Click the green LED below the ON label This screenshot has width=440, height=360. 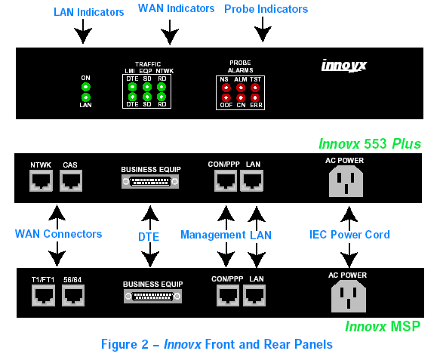point(86,87)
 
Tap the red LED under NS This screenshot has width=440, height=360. point(226,88)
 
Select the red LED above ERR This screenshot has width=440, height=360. point(255,97)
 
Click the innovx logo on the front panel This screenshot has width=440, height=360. point(343,66)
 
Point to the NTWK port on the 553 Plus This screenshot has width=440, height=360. point(41,180)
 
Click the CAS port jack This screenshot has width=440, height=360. point(71,180)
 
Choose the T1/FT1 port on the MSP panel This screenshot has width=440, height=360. point(43,295)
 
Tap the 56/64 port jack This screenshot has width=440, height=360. point(73,295)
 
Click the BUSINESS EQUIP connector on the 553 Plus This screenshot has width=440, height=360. point(150,182)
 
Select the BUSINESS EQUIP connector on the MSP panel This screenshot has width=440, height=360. point(153,297)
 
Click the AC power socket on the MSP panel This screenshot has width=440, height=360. point(349,297)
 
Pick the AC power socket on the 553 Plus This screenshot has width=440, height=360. point(346,181)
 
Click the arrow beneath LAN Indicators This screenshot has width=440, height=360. point(83,32)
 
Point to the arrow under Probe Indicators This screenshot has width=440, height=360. point(263,29)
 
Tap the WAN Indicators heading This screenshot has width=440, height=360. point(176,8)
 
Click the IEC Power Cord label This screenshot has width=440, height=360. point(349,235)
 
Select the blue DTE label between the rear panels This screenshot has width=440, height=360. point(149,237)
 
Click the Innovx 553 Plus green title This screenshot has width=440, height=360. point(370,143)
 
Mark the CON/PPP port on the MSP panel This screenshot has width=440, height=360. point(228,295)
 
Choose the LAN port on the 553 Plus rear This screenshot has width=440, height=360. point(252,181)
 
